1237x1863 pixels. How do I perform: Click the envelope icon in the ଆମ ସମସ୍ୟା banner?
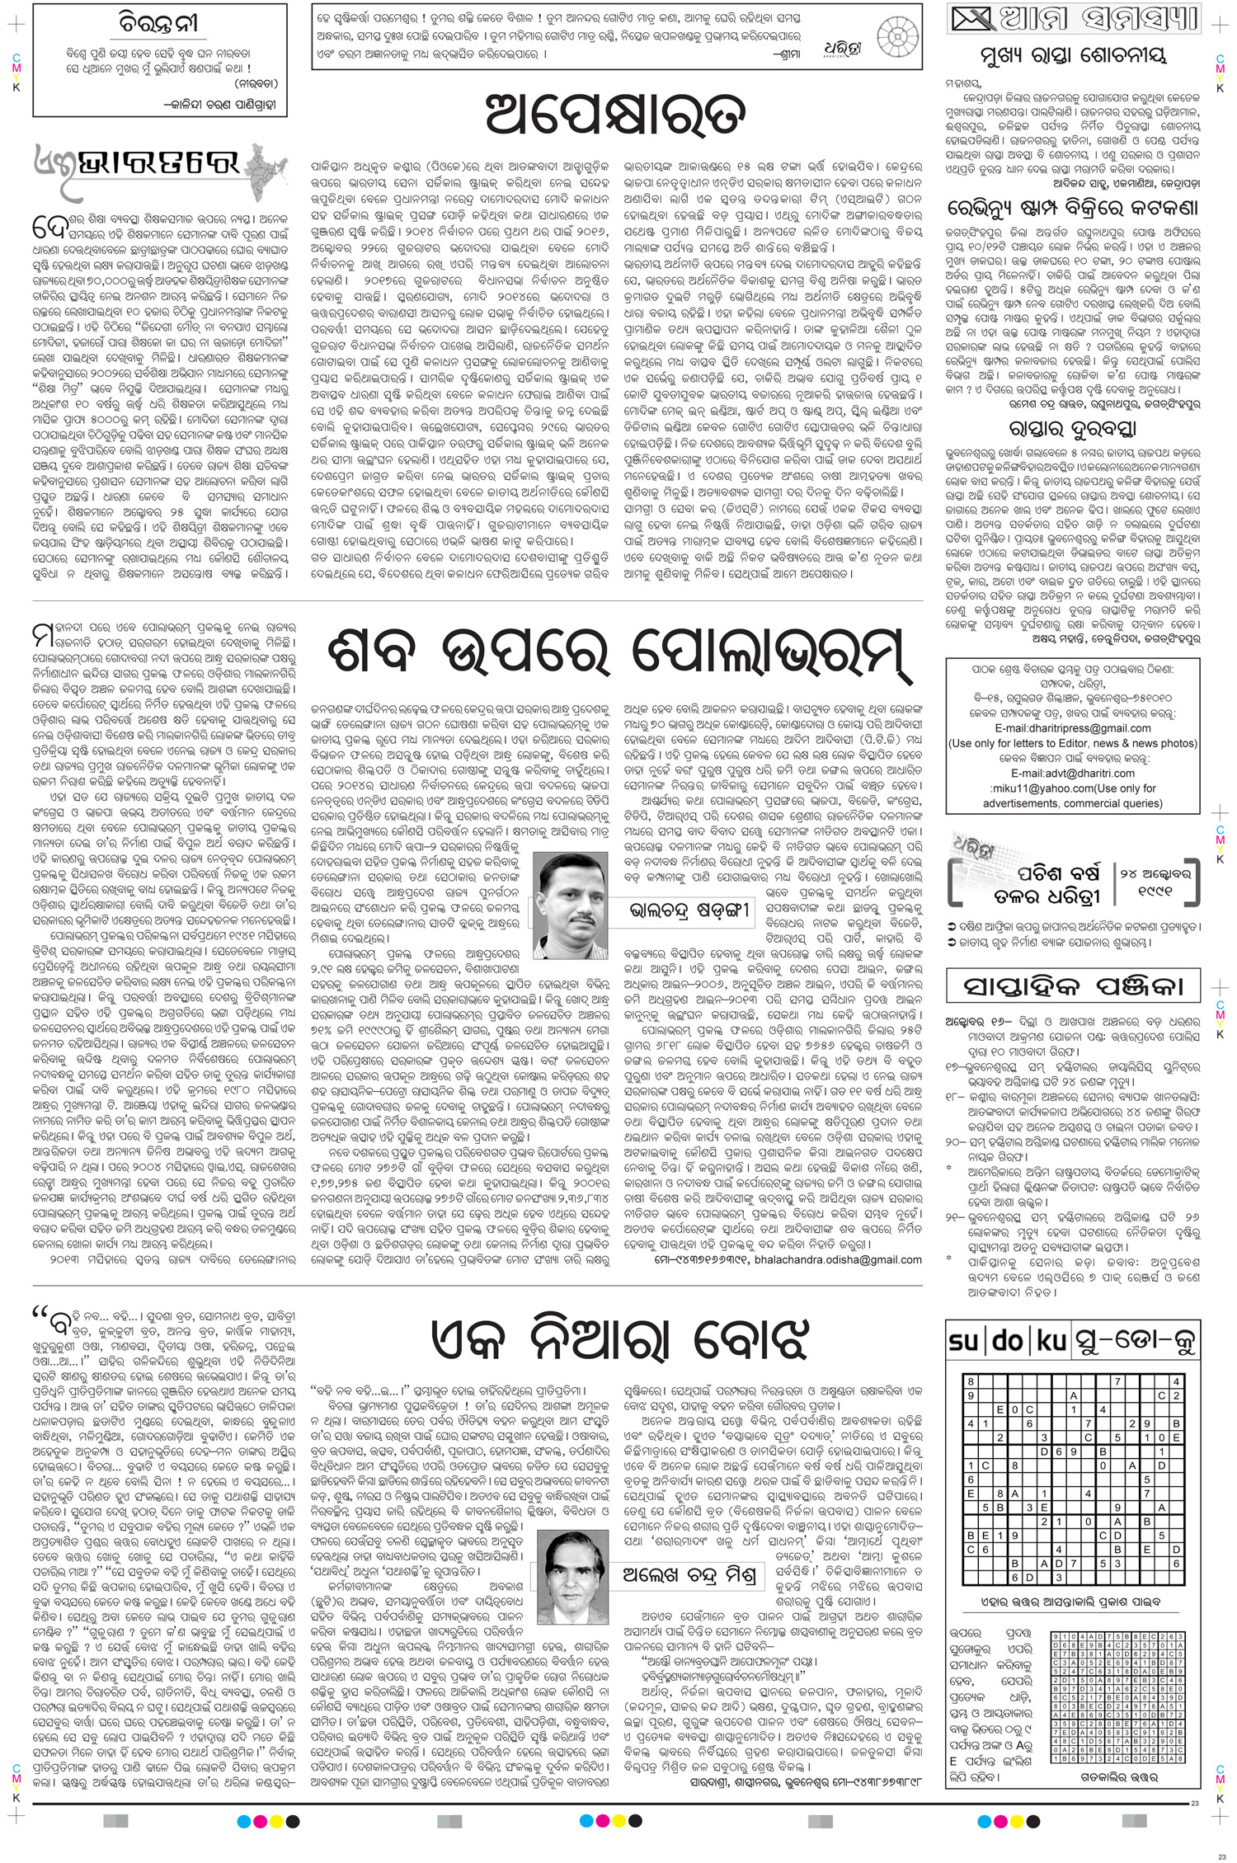tap(970, 16)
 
